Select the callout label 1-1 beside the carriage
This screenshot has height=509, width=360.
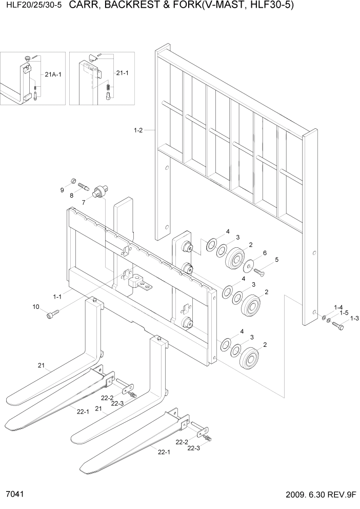tap(57, 297)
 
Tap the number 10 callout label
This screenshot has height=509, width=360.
tap(36, 307)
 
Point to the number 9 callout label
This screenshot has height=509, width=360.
tap(62, 190)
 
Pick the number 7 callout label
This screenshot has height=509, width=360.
tap(84, 203)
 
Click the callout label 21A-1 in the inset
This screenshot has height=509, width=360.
tap(53, 75)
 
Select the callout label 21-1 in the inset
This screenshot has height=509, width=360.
tap(122, 73)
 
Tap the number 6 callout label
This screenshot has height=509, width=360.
tap(265, 253)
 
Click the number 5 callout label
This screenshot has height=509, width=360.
tap(277, 260)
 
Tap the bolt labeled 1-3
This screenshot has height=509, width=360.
tap(338, 326)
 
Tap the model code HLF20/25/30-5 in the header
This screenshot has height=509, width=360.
tap(31, 6)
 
